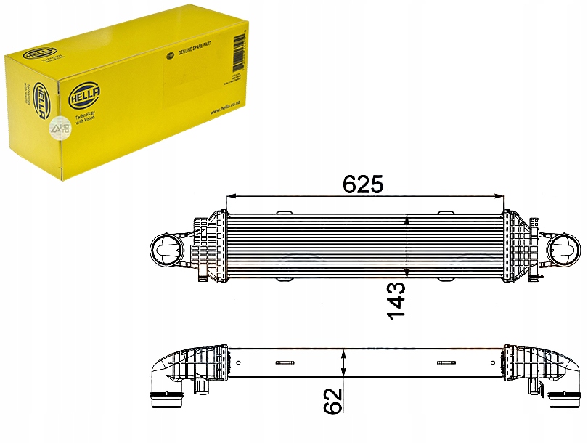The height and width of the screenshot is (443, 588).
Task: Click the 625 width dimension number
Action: coord(362,184)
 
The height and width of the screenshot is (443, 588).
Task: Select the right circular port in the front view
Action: coord(564,251)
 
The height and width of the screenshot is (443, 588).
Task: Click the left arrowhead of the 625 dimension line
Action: coord(232,196)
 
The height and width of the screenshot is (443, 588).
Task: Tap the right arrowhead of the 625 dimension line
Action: coord(500,196)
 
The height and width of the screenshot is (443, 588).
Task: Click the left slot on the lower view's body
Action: coord(283,363)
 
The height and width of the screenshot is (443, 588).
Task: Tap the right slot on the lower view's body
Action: coord(444,363)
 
